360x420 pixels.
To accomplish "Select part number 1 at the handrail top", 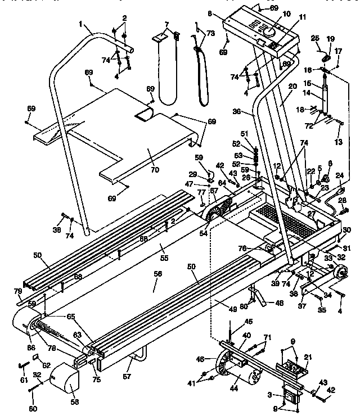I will (x=81, y=25).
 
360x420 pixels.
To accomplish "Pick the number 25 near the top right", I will (x=315, y=38).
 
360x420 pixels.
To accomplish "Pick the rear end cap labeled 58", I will (x=66, y=389).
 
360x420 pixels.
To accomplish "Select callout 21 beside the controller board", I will (x=307, y=356).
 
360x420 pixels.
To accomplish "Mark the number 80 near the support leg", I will (x=243, y=307).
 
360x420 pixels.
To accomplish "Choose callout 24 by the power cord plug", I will (x=339, y=175).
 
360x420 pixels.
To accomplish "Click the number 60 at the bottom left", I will (x=34, y=408).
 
